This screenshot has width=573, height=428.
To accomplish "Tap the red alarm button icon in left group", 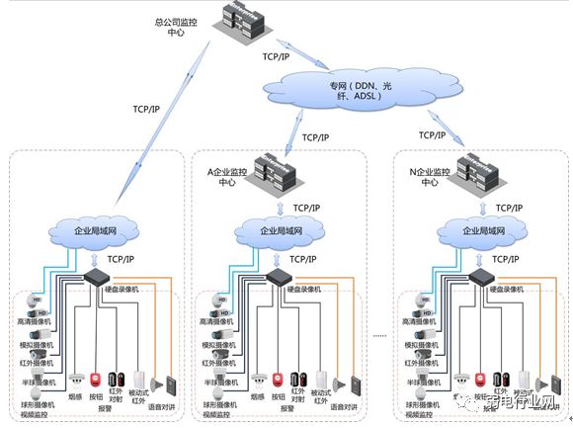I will coord(96,379).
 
